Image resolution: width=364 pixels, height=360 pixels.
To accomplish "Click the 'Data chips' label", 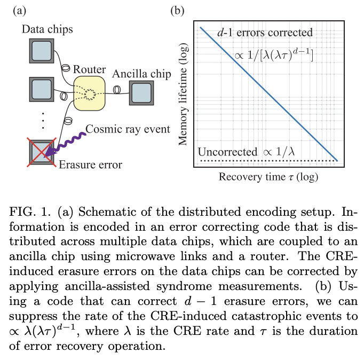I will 47,28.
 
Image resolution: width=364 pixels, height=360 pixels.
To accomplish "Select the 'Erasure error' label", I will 91,165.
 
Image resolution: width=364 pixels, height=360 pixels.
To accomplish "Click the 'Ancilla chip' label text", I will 141,74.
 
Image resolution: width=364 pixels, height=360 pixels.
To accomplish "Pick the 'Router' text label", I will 88,69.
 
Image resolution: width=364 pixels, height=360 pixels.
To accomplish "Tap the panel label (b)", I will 177,9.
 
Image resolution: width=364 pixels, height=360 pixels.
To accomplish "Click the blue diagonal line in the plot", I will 269,93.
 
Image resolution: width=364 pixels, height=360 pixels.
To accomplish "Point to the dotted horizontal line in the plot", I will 267,160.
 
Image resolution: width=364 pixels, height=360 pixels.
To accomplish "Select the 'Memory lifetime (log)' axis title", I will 185,95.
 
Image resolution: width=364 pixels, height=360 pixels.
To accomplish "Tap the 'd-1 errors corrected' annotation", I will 265,33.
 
